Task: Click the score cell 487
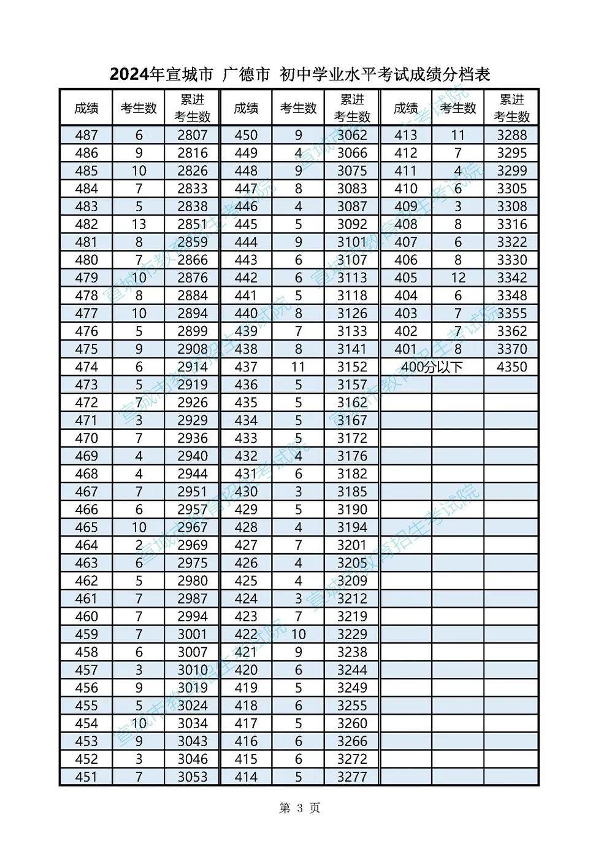(x=86, y=135)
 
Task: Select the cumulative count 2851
(x=193, y=224)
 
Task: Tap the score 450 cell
(x=246, y=135)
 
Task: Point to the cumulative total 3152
(x=352, y=367)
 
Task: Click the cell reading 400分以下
(x=432, y=367)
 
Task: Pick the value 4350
(x=511, y=367)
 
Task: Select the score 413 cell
(x=405, y=135)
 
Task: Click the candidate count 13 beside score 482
(x=139, y=224)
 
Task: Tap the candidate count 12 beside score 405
(x=458, y=278)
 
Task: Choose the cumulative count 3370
(x=511, y=349)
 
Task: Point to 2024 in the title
(x=129, y=75)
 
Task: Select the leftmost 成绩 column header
(x=86, y=109)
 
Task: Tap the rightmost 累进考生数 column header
(x=511, y=108)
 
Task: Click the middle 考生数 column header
(x=299, y=109)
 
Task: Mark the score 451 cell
(x=86, y=777)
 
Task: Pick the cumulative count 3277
(x=352, y=777)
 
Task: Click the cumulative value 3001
(x=193, y=634)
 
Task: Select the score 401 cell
(x=405, y=349)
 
